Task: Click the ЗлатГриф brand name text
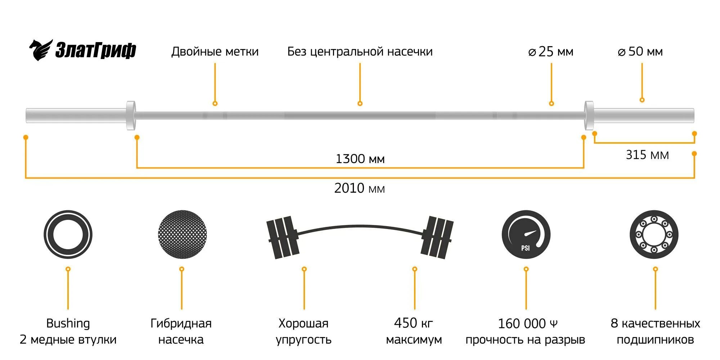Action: [95, 50]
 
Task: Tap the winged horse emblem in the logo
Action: [40, 50]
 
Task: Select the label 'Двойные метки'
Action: [215, 51]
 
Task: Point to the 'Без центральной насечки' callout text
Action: [360, 51]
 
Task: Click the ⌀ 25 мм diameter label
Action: [551, 51]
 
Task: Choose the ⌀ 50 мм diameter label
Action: [640, 51]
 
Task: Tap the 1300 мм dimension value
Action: [360, 159]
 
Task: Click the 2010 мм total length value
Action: [359, 188]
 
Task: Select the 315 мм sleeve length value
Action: [647, 155]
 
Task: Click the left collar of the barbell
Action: [131, 115]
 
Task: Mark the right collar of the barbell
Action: [589, 115]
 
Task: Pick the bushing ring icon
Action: [68, 234]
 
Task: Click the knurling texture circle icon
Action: [182, 234]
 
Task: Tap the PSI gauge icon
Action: [526, 234]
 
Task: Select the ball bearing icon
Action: [654, 234]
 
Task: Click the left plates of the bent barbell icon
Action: [283, 237]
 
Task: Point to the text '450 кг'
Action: [413, 323]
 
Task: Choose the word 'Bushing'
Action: [68, 323]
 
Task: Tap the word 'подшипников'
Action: [655, 339]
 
